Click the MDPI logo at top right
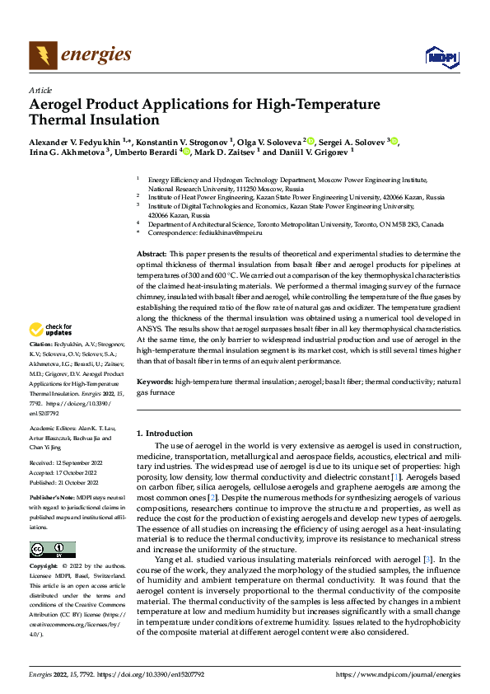point(441,55)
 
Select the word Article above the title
point(40,90)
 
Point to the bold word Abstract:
point(151,255)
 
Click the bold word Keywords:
point(154,382)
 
